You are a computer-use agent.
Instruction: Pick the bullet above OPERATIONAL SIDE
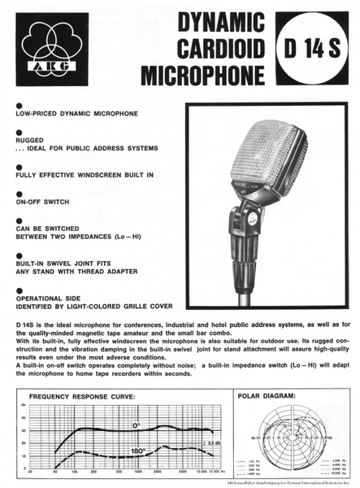tap(20, 289)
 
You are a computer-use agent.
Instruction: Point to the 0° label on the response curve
tap(137, 425)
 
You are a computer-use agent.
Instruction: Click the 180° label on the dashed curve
tap(137, 450)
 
